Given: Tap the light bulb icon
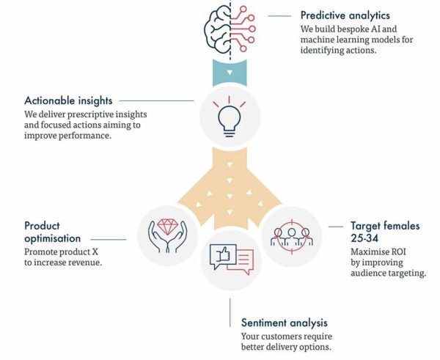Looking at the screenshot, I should click(x=230, y=117).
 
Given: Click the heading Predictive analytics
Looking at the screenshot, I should click(x=345, y=15).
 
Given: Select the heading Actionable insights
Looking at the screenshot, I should click(x=67, y=100).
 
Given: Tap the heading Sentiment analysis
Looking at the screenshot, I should click(x=285, y=323).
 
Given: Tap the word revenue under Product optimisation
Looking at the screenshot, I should click(x=101, y=263).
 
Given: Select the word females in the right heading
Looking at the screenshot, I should click(x=395, y=226).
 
